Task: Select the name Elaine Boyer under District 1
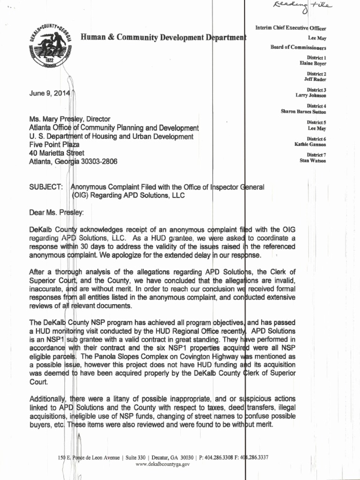[313, 63]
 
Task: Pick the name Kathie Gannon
[310, 144]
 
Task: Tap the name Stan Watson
[313, 160]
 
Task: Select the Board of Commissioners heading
[298, 47]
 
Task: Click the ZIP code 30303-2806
[98, 161]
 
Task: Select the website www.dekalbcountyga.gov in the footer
[162, 464]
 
